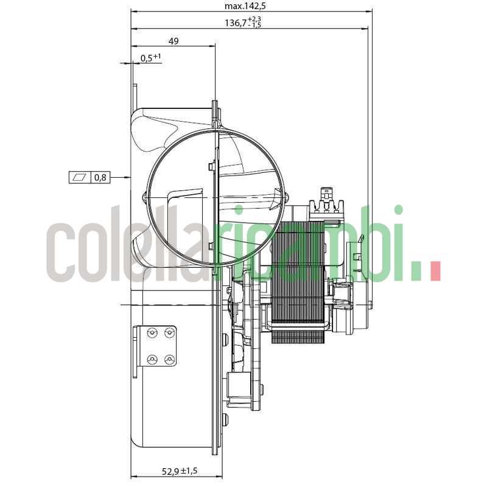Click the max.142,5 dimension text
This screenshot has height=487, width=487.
click(x=245, y=6)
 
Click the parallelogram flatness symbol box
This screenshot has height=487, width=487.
click(x=80, y=178)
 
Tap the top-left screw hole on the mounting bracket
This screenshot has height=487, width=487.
click(x=152, y=332)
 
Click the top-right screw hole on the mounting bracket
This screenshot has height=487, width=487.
click(x=169, y=332)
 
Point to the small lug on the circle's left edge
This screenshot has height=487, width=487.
click(x=144, y=197)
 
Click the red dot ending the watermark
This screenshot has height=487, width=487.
click(x=435, y=272)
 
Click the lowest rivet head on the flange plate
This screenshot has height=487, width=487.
click(x=226, y=419)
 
